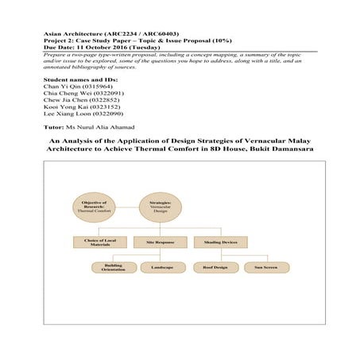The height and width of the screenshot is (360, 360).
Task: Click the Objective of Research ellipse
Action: tap(94, 208)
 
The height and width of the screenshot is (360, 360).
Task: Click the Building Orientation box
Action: tap(114, 269)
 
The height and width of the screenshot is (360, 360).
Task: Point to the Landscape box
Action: tap(162, 268)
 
